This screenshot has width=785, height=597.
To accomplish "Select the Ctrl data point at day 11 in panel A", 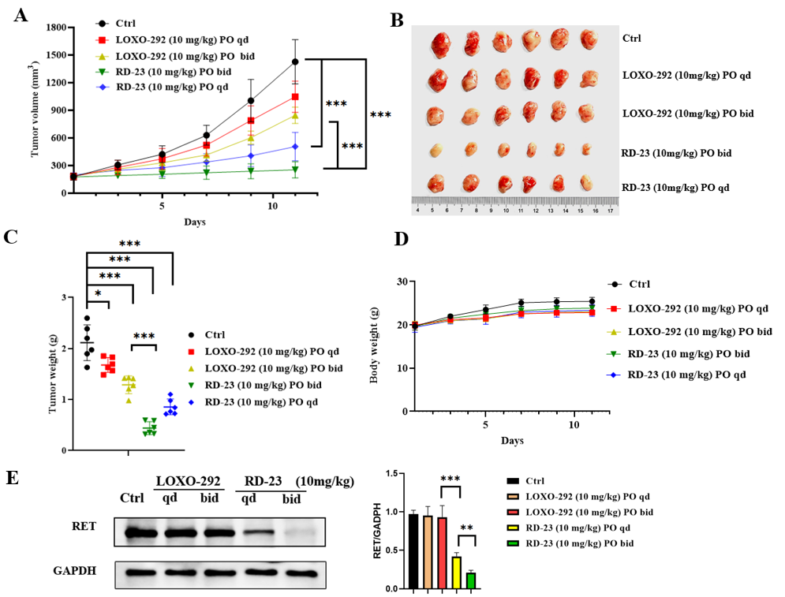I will click(273, 62).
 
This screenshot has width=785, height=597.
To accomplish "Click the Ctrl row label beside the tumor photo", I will click(632, 38).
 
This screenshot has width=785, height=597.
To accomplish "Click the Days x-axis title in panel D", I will click(510, 440).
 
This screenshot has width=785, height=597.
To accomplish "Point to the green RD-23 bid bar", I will click(470, 580).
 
